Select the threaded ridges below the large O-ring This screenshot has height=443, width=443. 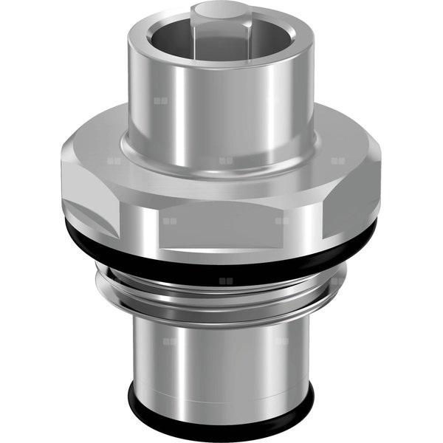point(221,292)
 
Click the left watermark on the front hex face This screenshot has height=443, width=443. point(170,220)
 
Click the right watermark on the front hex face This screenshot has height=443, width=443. point(281,220)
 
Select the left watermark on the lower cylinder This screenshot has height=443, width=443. point(170,341)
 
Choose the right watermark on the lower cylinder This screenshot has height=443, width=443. point(281,341)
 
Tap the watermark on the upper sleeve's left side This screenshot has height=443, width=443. point(161,100)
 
